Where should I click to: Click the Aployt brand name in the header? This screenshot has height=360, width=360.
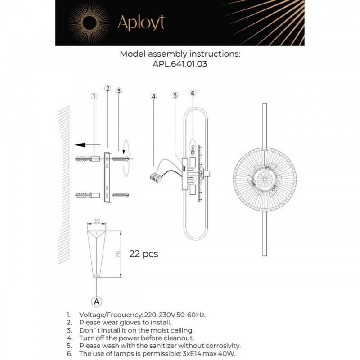tap(141, 22)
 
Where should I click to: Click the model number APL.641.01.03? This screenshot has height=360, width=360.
tap(180, 64)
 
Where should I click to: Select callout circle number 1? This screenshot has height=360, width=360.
tap(94, 96)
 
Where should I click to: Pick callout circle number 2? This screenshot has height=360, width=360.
tap(108, 89)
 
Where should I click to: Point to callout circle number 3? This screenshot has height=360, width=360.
tap(119, 91)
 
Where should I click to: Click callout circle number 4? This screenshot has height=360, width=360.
tap(154, 96)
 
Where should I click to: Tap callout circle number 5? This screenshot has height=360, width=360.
tap(175, 95)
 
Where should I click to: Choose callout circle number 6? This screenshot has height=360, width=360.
tap(193, 94)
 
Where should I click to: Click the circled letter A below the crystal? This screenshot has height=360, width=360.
tap(96, 300)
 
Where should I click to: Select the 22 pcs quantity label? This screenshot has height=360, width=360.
tap(144, 254)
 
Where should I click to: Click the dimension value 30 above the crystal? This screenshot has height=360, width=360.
tap(97, 221)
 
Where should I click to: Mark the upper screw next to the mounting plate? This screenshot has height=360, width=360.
tap(121, 158)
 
